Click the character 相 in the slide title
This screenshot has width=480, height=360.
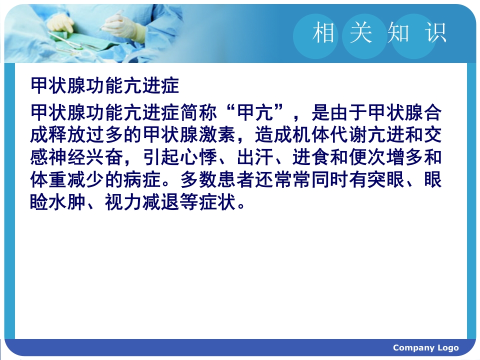(x=323, y=33)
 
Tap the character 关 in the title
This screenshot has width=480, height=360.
(x=361, y=33)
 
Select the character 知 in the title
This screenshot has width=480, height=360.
(x=398, y=33)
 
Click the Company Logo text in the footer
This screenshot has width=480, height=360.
(x=425, y=348)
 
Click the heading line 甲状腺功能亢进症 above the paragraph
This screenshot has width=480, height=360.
(x=104, y=86)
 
